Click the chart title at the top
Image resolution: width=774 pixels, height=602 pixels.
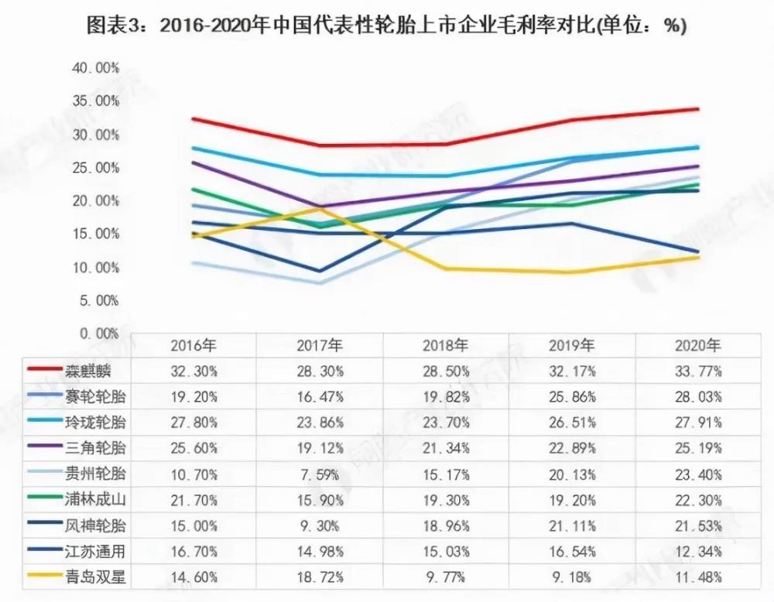[387, 26]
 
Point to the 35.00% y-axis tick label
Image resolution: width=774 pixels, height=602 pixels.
[96, 101]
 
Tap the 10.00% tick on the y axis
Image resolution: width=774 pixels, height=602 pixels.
[96, 268]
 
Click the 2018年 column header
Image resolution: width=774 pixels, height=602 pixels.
[446, 345]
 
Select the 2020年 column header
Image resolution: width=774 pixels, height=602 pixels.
[698, 345]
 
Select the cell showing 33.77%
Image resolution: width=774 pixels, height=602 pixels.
[698, 371]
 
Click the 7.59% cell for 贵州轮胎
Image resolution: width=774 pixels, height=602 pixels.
[320, 474]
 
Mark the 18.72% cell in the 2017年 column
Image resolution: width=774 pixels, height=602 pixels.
[320, 576]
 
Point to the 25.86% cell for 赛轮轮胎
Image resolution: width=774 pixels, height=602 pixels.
[572, 397]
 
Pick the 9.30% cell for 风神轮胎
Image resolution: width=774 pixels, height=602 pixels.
[320, 525]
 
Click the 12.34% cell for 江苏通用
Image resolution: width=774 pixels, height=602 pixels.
[698, 551]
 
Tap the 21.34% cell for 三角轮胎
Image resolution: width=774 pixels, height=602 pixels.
[446, 448]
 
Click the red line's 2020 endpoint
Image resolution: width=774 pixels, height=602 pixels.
[698, 109]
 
